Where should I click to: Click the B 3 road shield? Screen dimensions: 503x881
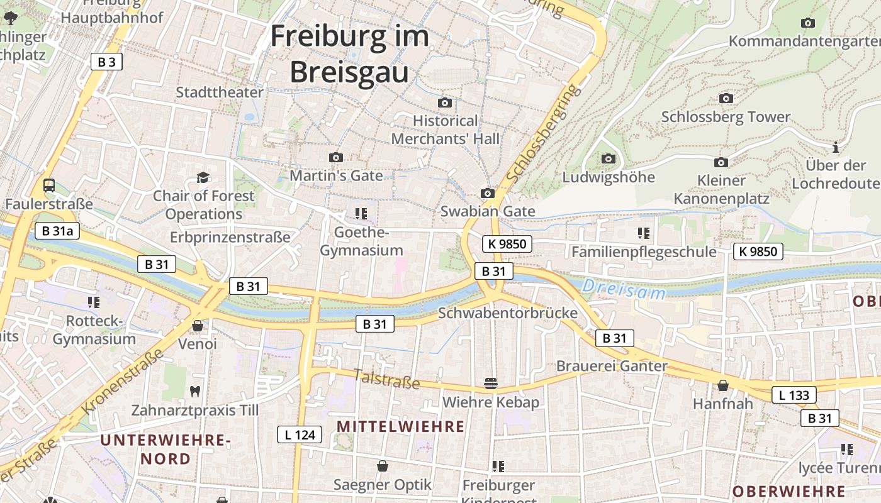click(x=106, y=62)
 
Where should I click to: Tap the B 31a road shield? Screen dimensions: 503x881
click(x=57, y=231)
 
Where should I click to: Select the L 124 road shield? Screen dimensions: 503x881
click(x=300, y=434)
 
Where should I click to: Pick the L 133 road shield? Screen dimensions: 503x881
click(x=794, y=395)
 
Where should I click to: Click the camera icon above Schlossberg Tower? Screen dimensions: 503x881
click(x=726, y=99)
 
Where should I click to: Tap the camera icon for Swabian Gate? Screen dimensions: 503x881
click(x=487, y=193)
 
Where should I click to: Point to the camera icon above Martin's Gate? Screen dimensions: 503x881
click(x=336, y=157)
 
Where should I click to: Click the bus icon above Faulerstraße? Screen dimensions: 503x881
click(x=48, y=185)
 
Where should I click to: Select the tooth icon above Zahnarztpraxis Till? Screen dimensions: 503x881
click(x=194, y=391)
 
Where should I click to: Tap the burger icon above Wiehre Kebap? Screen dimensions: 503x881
click(x=490, y=383)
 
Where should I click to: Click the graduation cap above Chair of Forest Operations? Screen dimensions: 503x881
click(x=203, y=177)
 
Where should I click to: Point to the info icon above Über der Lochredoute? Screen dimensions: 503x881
click(x=836, y=148)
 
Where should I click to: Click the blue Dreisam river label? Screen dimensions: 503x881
click(x=623, y=289)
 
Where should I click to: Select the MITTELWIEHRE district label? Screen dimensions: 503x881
click(x=400, y=427)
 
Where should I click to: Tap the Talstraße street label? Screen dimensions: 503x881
click(x=386, y=379)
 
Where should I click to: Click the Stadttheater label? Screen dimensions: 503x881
click(x=220, y=92)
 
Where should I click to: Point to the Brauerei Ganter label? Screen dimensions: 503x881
click(x=612, y=366)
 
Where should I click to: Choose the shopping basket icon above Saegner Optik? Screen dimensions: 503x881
click(x=382, y=466)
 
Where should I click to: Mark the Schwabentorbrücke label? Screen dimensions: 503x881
click(x=507, y=313)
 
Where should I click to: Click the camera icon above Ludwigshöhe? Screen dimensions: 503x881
click(x=608, y=158)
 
